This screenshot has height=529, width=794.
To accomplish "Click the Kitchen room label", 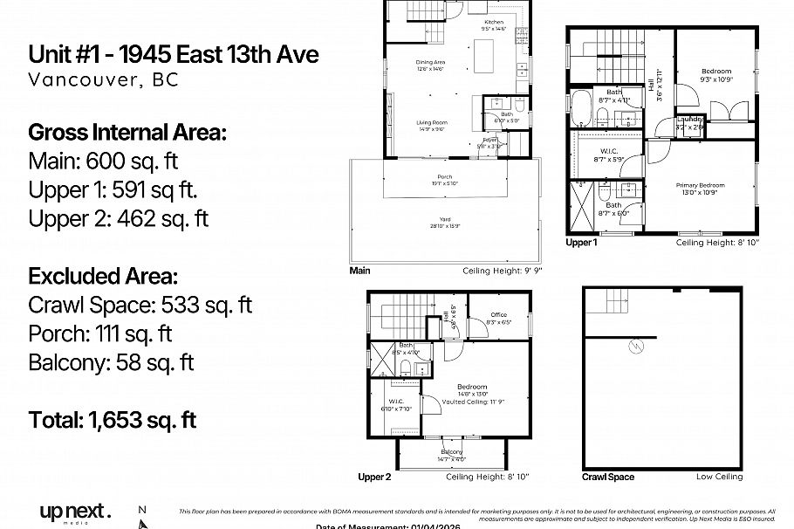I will pyautogui.click(x=494, y=22).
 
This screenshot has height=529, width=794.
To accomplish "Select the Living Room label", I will pyautogui.click(x=432, y=122).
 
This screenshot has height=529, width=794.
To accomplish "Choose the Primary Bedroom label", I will pyautogui.click(x=700, y=185).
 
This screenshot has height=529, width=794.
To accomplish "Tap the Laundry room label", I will pyautogui.click(x=689, y=121).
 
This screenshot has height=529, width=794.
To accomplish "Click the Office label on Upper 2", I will pyautogui.click(x=497, y=315).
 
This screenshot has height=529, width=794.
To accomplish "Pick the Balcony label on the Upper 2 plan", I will pyautogui.click(x=451, y=451).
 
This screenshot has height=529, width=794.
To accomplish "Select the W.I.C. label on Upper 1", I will pyautogui.click(x=609, y=151).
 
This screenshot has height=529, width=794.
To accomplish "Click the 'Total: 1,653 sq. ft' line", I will pyautogui.click(x=113, y=420).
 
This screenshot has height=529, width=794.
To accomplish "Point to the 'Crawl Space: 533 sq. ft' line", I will pyautogui.click(x=140, y=305).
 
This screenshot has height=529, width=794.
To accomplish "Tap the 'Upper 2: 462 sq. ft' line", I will pyautogui.click(x=119, y=218).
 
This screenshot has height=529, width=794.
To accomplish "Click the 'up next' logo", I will pyautogui.click(x=75, y=512).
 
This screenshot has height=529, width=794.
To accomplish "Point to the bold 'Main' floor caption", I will pyautogui.click(x=359, y=271).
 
